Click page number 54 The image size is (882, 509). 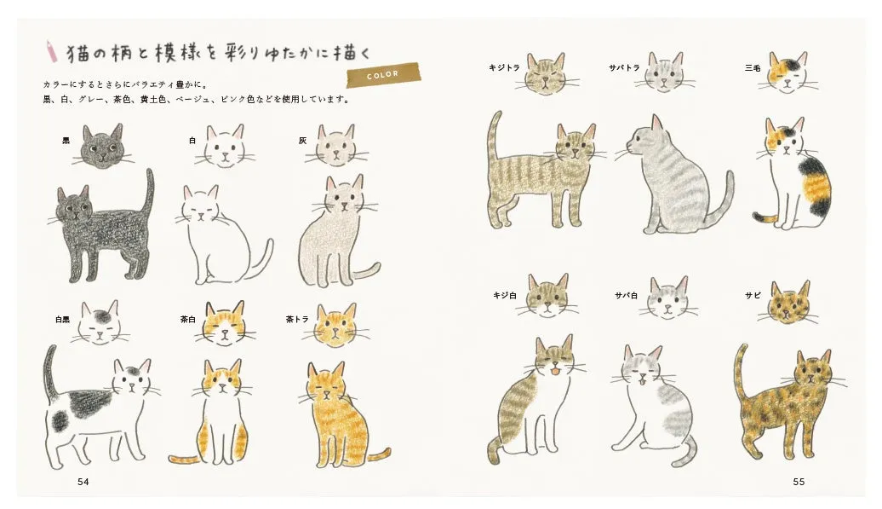83,482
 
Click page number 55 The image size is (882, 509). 798,482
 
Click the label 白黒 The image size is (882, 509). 62,320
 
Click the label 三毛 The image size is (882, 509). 752,67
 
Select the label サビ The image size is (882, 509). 753,296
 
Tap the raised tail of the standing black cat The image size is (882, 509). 150,192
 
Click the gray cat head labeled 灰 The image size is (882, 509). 338,147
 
